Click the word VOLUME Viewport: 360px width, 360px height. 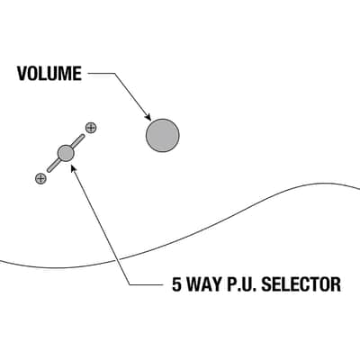tap(49, 74)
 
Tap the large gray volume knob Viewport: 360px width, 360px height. tap(163, 135)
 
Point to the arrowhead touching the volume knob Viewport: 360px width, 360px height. tap(148, 117)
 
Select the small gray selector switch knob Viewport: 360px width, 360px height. tap(66, 153)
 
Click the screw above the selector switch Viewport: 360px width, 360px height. tap(91, 128)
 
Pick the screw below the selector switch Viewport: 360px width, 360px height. tap(40, 179)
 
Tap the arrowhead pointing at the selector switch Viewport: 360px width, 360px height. tap(73, 167)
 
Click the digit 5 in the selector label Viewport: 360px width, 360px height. tap(177, 284)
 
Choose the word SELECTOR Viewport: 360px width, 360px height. tap(301, 284)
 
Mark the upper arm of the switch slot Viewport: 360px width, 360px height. tap(77, 141)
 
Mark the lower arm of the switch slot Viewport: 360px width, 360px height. tap(53, 166)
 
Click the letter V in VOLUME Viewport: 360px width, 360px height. tap(22, 74)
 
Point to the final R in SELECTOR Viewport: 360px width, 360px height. tap(336, 284)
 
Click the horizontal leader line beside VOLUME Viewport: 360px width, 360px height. tap(102, 73)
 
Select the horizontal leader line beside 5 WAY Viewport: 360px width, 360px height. tap(148, 284)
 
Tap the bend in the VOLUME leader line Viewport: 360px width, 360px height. tap(115, 73)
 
